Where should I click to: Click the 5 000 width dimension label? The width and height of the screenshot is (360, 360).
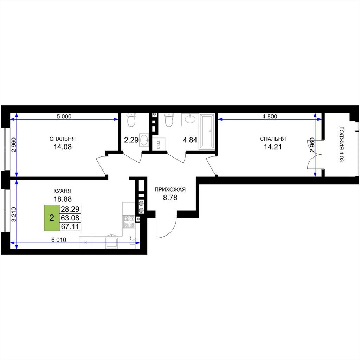(x=64, y=116)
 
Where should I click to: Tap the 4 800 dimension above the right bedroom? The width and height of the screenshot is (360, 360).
(x=270, y=116)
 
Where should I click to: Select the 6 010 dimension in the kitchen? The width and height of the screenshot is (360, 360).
(x=59, y=240)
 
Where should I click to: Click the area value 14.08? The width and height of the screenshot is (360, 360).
(x=63, y=147)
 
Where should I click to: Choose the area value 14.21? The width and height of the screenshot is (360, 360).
(x=273, y=147)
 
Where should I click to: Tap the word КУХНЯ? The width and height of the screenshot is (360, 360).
(x=63, y=191)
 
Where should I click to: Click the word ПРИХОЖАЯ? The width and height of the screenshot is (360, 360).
(x=170, y=189)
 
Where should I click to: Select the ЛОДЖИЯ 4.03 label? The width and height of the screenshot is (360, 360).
(x=341, y=144)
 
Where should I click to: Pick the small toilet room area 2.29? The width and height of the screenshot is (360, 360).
(x=131, y=140)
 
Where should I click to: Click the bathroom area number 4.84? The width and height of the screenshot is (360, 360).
(x=190, y=140)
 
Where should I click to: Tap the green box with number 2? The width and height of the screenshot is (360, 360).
(x=52, y=218)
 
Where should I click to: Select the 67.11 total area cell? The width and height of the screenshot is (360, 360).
(x=70, y=227)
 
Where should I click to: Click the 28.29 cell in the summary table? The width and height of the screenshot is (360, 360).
(x=70, y=209)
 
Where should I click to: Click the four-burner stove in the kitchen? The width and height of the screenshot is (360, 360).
(x=129, y=221)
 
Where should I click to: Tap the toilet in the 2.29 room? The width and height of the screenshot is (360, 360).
(x=131, y=120)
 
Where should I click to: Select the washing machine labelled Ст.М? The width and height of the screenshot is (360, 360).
(x=159, y=144)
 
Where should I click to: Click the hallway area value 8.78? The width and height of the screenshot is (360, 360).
(x=170, y=198)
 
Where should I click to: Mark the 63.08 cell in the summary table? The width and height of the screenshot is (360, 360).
(x=70, y=218)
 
